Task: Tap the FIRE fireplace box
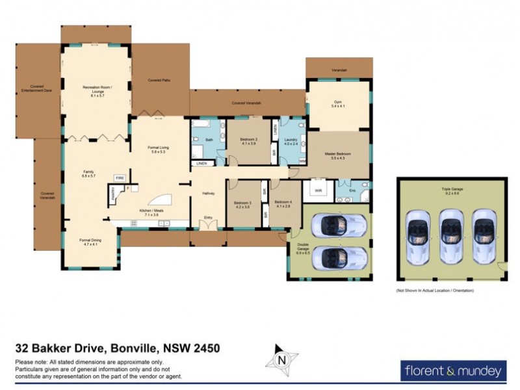point(120,177)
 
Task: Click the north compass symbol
point(282,359)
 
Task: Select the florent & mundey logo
point(452,371)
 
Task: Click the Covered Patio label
point(159,81)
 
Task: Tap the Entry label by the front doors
point(209,218)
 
